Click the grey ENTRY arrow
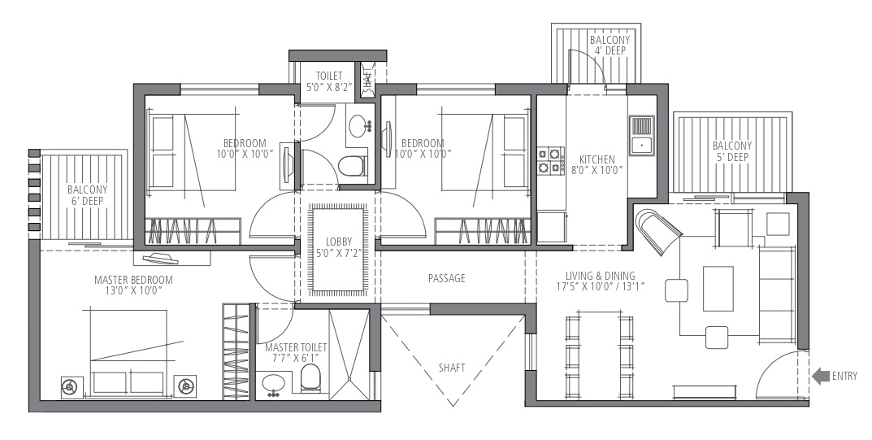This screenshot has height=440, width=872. pos(820,377)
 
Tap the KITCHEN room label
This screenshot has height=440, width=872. pos(597,159)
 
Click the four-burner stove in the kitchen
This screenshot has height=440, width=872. pos(550,160)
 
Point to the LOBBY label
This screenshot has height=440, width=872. pos(339,242)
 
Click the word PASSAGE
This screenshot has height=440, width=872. pos(447,278)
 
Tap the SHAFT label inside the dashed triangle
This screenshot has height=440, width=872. pos(452,368)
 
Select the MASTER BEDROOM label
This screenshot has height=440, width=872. pos(133,280)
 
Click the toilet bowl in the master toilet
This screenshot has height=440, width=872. pos(311,378)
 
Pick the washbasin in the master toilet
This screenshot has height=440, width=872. pos(274,384)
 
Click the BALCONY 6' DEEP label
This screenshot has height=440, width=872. pos(87,195)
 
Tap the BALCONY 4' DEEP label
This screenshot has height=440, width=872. pos(610,45)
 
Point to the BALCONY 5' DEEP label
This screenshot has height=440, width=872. pos(732,151)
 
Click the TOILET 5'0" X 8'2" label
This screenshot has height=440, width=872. pos(329,81)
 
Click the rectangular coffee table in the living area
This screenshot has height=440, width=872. pos(718,289)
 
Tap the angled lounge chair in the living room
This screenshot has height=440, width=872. pos(658,232)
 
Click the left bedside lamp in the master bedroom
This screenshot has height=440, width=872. pos(71,386)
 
